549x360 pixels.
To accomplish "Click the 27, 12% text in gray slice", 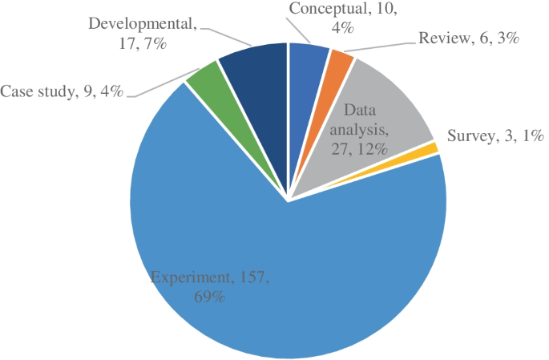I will pos(359,148).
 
